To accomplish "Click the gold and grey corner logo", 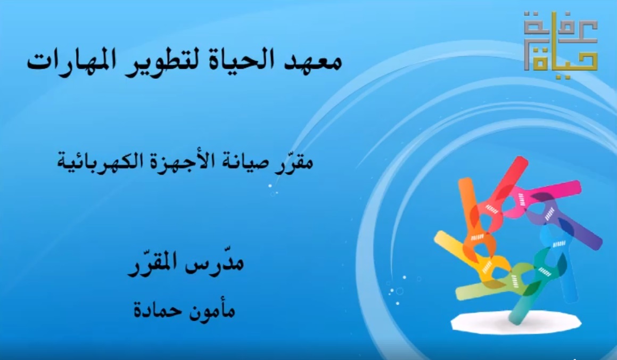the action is point(561,41).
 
